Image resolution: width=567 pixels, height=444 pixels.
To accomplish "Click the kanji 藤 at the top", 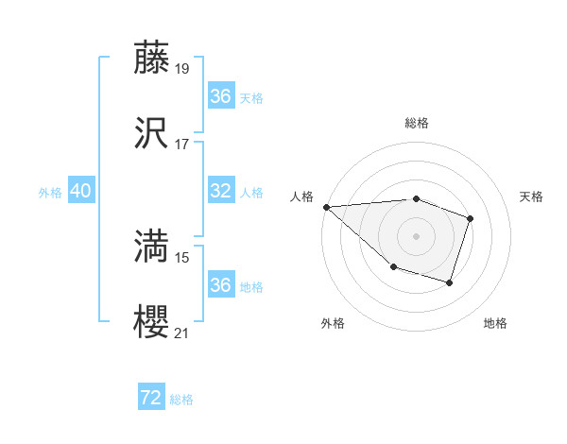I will (151, 58).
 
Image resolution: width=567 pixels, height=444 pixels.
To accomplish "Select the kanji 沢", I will (151, 132).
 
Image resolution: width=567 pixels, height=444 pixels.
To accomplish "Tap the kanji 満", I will (151, 247).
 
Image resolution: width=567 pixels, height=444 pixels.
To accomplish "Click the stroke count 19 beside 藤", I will (182, 69).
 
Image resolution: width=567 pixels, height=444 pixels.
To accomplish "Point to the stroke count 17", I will (182, 145).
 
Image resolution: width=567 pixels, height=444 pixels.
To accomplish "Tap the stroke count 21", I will (182, 333).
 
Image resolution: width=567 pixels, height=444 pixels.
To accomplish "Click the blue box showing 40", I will (80, 192).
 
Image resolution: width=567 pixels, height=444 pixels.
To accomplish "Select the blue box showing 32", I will (220, 192).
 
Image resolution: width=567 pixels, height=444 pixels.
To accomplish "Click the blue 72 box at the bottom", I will (151, 399).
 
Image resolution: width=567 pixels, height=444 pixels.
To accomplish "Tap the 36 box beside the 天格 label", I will (220, 96).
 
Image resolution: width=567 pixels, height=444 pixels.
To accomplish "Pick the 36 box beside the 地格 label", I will (220, 285).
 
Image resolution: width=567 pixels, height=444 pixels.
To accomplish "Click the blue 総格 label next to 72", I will (181, 400).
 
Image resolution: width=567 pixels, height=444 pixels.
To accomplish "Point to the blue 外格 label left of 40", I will (50, 193).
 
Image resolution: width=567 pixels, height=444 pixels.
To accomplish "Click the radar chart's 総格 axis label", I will (416, 124).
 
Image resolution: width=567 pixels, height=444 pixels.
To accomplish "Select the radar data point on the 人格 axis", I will (326, 206).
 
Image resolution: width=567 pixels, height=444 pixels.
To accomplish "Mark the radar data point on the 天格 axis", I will (471, 219).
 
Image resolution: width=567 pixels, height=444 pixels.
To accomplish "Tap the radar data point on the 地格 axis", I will (450, 282).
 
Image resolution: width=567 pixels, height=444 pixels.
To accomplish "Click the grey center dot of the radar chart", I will (416, 235).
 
